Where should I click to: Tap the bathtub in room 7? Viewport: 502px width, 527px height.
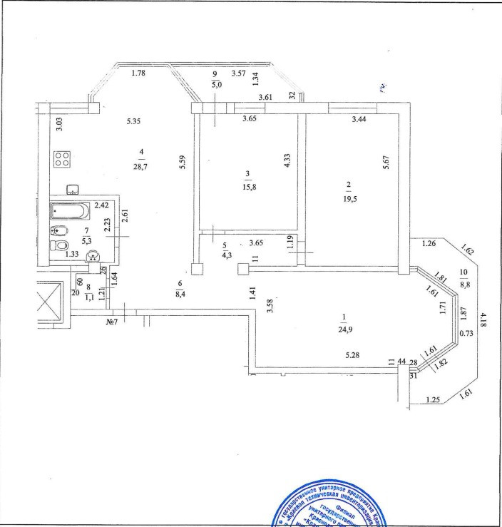coord(70,212)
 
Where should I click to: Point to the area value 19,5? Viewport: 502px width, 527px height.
coord(349,198)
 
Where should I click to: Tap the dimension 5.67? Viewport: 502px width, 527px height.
coord(386,163)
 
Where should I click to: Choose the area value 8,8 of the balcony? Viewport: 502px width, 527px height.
coord(464,285)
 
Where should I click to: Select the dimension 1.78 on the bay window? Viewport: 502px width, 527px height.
coord(139,73)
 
